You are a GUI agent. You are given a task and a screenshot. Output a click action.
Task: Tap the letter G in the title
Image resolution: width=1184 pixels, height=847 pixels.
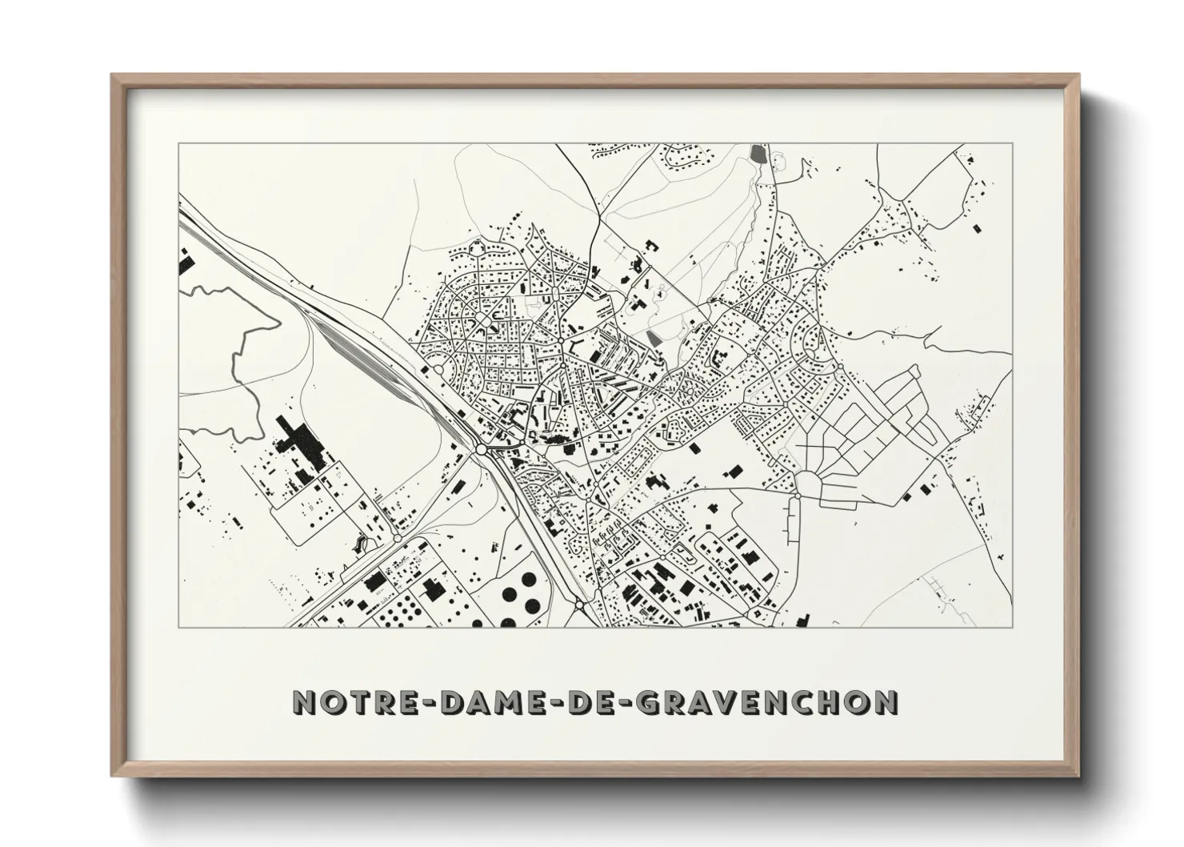638,702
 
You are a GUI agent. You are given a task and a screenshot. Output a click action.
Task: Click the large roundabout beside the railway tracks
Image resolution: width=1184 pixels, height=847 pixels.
481,449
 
